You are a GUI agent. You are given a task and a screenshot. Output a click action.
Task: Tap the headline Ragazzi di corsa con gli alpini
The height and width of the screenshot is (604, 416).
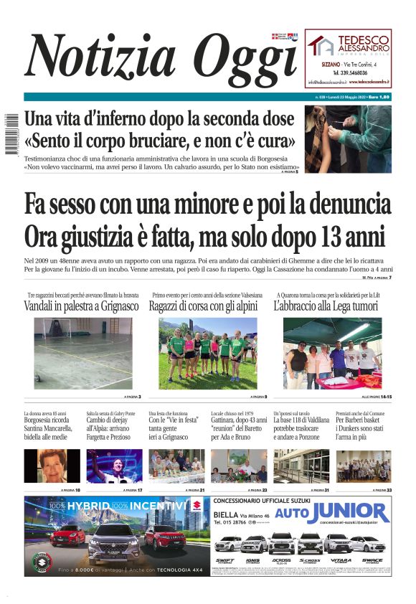click(207, 306)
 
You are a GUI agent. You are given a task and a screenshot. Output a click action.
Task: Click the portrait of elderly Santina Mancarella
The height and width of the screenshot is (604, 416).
click(52, 466)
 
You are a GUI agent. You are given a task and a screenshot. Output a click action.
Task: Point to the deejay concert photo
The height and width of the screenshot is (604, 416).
click(115, 466)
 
